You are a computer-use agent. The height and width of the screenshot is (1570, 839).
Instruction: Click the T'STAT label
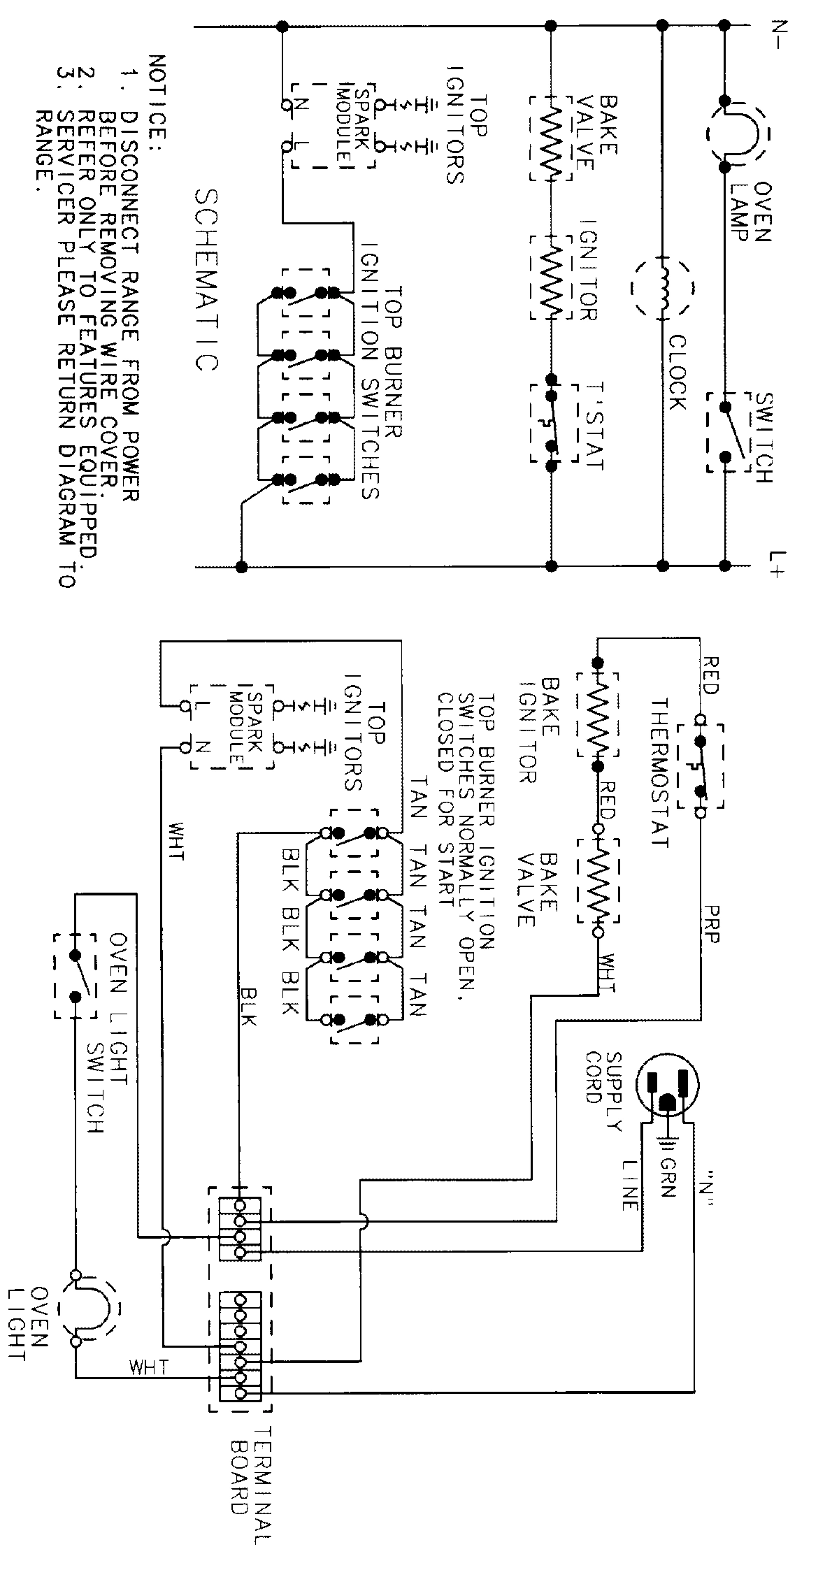click(591, 426)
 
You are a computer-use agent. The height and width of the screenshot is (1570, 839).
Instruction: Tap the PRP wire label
click(711, 924)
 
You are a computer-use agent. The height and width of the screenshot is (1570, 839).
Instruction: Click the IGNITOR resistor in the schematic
click(552, 278)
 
